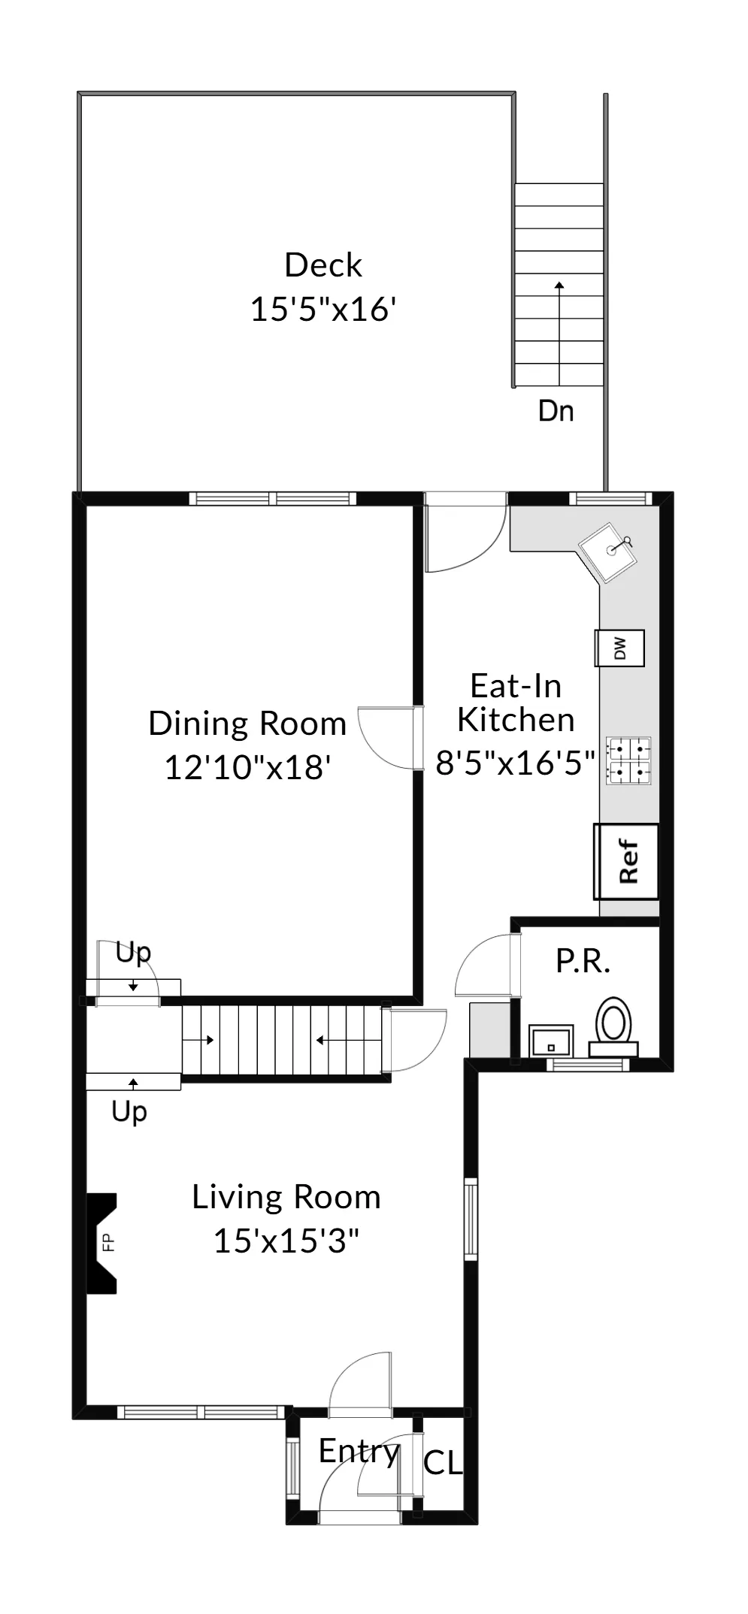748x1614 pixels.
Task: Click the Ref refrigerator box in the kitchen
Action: [x=626, y=861]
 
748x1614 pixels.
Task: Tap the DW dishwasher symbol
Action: [x=619, y=648]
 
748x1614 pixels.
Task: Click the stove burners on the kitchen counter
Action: [x=629, y=760]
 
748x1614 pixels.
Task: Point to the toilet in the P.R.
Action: [x=614, y=1024]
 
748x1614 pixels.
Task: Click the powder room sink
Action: [x=551, y=1041]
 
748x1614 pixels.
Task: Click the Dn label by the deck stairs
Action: [x=556, y=411]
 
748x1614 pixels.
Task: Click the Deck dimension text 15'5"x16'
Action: [x=323, y=310]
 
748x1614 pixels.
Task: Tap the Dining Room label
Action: [x=247, y=724]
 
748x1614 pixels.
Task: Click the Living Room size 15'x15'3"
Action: [x=286, y=1241]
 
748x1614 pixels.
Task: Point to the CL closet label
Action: [x=442, y=1462]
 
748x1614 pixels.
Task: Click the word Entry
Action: [x=358, y=1451]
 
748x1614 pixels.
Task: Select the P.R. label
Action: [x=583, y=961]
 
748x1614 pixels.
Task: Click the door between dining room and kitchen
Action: [x=387, y=737]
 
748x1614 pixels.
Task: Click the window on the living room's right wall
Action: [x=471, y=1219]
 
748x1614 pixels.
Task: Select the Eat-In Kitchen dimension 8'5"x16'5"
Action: [x=515, y=763]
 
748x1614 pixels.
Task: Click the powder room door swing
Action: [x=486, y=966]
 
